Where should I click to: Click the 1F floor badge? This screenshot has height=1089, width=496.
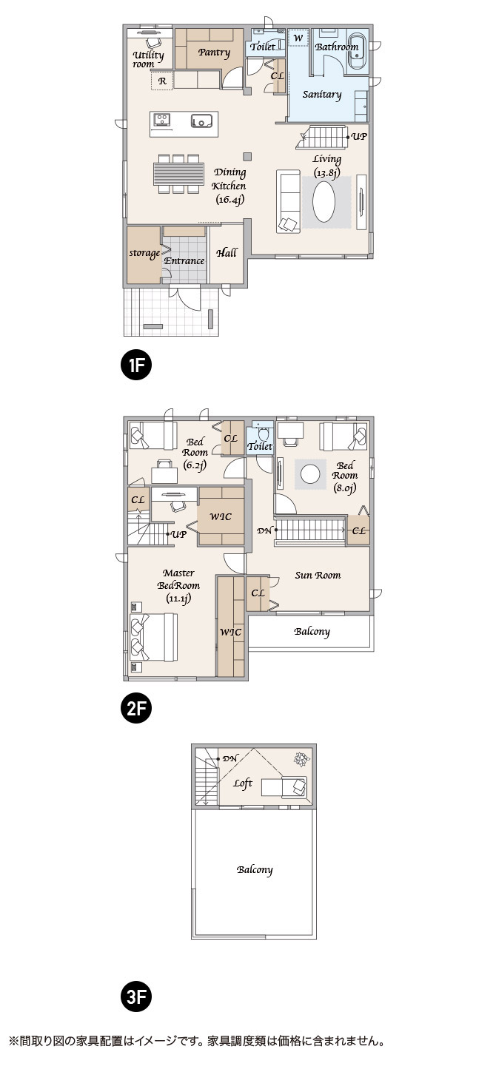[136, 365]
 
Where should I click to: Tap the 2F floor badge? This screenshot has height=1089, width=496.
[136, 708]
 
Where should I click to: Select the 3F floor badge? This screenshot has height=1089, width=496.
[136, 997]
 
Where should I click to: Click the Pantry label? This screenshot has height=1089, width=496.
[214, 52]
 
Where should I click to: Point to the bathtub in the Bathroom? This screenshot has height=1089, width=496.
[358, 53]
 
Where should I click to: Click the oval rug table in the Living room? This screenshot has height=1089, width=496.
[324, 202]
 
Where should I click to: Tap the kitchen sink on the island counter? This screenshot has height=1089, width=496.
[201, 120]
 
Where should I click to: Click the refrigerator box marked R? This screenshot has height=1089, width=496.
[162, 81]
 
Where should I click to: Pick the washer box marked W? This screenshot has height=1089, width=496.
[298, 38]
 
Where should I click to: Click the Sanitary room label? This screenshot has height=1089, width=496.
[322, 94]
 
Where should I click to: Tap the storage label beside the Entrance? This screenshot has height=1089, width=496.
[144, 253]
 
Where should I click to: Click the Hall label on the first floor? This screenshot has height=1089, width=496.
[227, 252]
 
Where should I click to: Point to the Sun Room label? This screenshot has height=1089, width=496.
[318, 575]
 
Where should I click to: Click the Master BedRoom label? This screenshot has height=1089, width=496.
[178, 585]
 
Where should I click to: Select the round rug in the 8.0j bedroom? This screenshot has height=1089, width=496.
[310, 474]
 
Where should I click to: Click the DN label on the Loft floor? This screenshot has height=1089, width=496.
[230, 758]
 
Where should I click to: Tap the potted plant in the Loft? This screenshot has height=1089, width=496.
[301, 759]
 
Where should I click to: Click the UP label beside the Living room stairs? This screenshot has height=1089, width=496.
[359, 137]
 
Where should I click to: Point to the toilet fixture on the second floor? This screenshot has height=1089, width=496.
[263, 433]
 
